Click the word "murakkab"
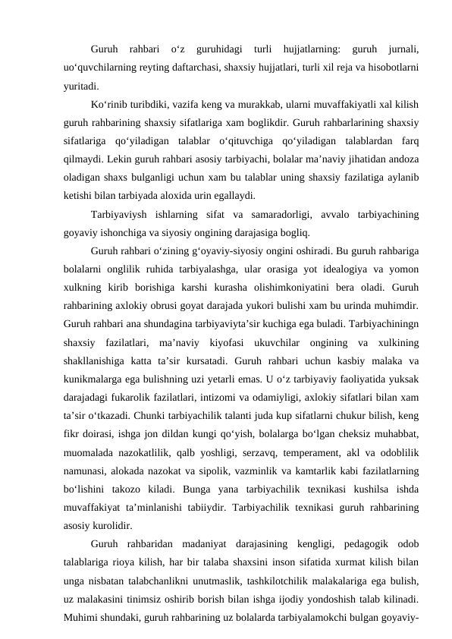[246, 102]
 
